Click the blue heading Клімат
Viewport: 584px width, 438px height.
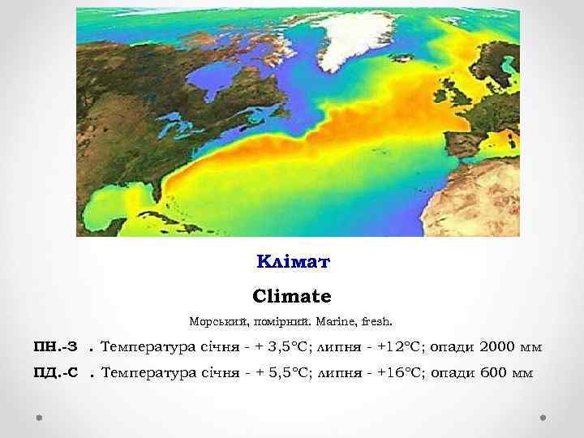[294, 262]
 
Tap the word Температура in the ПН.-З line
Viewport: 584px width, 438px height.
[148, 348]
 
